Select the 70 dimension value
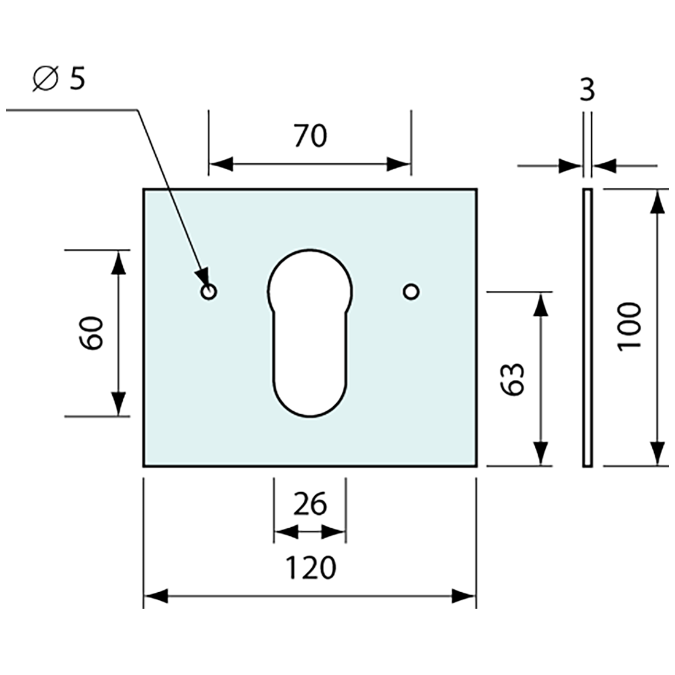tap(310, 136)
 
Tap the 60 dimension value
tap(92, 333)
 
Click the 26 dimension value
tap(310, 504)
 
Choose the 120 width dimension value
tap(310, 568)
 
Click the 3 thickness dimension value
tap(587, 91)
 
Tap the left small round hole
tap(209, 291)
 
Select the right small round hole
tap(411, 291)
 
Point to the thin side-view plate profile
tap(587, 327)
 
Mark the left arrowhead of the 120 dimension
tap(155, 595)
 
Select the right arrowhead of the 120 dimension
tap(465, 595)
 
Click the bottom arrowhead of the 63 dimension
tap(540, 454)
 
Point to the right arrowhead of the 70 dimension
tap(399, 164)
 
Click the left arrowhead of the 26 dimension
tap(283, 532)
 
